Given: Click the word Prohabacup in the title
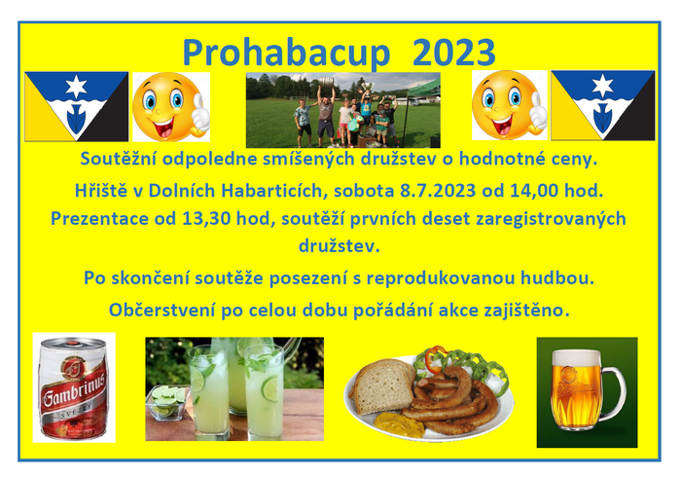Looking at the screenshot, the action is click(287, 53).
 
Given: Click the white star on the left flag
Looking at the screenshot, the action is click(76, 86).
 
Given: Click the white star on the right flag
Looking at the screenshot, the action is click(603, 85).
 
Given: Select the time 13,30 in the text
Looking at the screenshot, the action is click(206, 219).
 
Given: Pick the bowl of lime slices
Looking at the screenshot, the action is click(167, 402).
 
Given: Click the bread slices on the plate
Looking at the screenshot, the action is click(382, 385).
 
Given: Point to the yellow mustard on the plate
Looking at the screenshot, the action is click(400, 423).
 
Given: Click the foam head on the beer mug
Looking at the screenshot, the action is click(576, 358).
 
